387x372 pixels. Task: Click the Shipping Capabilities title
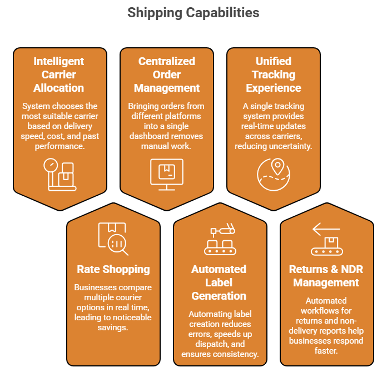click(x=193, y=13)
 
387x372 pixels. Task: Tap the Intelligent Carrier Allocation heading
click(x=59, y=75)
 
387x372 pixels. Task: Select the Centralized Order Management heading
click(x=167, y=75)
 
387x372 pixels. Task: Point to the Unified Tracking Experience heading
click(x=274, y=75)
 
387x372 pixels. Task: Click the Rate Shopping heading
click(x=113, y=269)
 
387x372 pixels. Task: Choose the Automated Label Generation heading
click(x=219, y=282)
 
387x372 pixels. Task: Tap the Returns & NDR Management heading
click(x=326, y=276)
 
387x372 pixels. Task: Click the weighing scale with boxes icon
click(x=60, y=175)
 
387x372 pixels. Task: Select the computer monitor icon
click(x=167, y=175)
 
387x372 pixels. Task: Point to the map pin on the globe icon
click(x=277, y=166)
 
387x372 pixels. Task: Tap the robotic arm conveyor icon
click(x=220, y=239)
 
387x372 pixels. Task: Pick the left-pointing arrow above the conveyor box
click(x=326, y=229)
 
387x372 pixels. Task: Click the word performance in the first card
click(x=59, y=146)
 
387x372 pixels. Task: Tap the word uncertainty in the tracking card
click(x=291, y=146)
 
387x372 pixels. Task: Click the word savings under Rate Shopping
click(x=112, y=328)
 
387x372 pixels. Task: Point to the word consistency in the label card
click(x=236, y=354)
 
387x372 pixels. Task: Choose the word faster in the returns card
click(x=326, y=351)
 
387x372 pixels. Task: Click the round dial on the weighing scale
click(x=51, y=165)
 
